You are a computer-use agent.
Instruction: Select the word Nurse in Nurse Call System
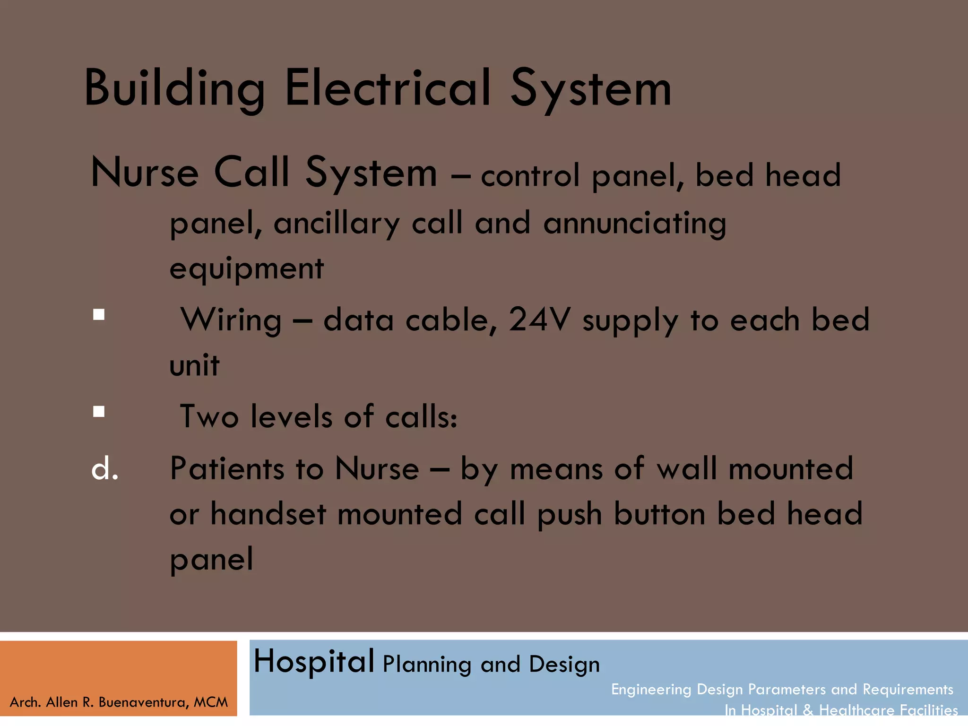coord(145,173)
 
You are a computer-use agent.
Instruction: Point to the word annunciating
coord(635,224)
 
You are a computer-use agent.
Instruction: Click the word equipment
coord(246,269)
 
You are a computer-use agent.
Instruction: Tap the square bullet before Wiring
coord(99,315)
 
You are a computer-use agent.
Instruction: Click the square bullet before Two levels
coord(99,412)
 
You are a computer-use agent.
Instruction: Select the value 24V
coord(539,320)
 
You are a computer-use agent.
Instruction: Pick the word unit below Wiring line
coord(194,365)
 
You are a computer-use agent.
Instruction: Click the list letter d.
coord(104,469)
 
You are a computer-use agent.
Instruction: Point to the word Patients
coord(227,469)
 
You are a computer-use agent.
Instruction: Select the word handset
coord(268,514)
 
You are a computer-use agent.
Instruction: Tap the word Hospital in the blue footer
coord(314,662)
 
